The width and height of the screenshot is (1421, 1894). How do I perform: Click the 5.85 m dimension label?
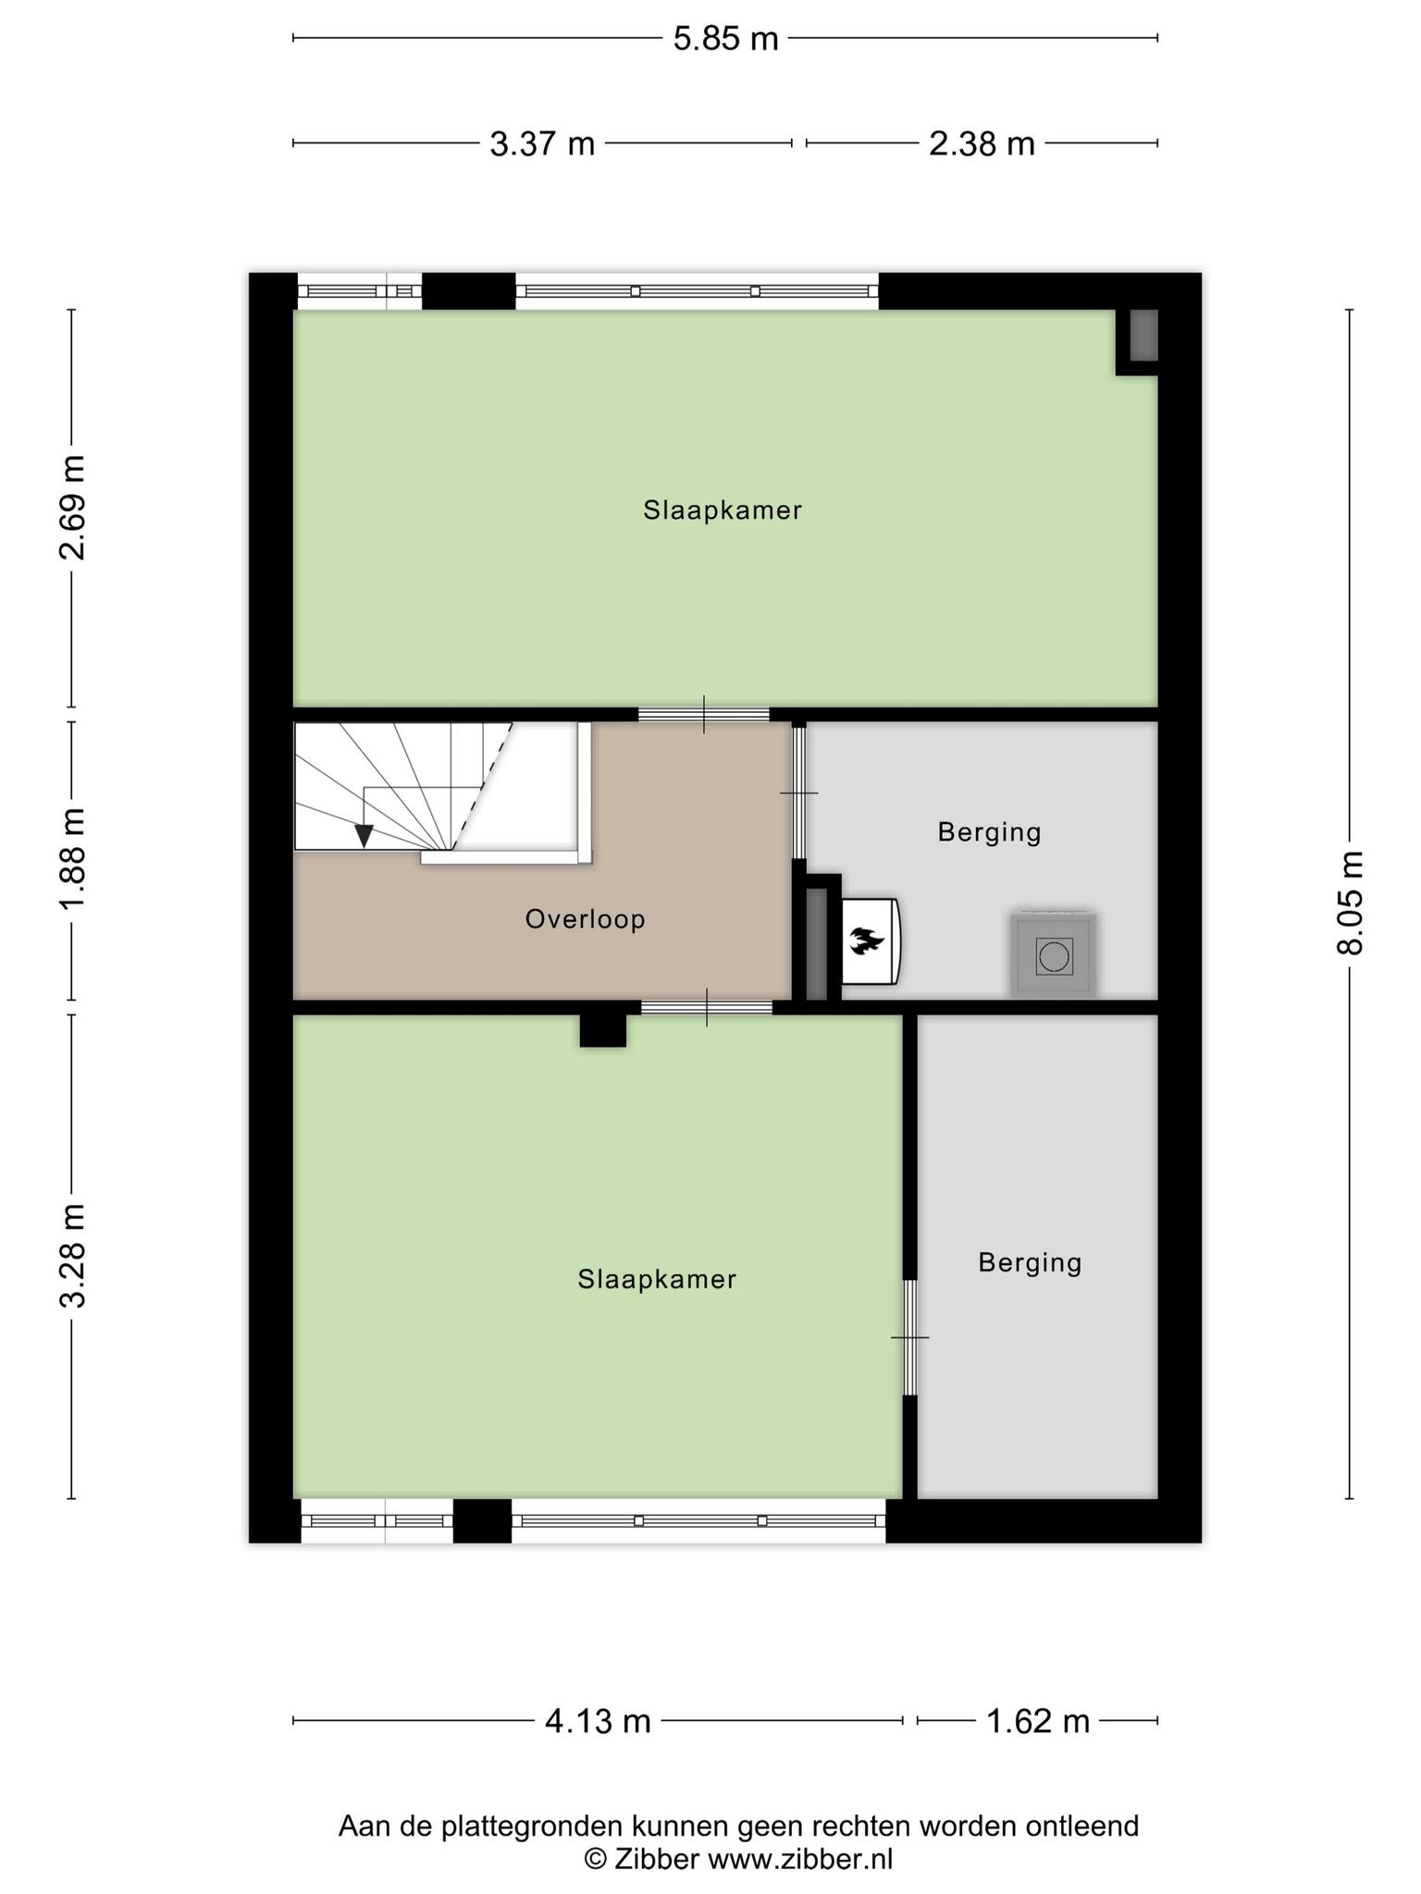coord(725,39)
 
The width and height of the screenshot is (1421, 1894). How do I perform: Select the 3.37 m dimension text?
coord(542,143)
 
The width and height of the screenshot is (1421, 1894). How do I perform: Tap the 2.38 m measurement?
coord(982,143)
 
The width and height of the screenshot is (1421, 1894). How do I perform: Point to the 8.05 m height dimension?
coord(1350,902)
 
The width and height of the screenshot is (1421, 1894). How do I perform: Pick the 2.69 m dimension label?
coord(72,508)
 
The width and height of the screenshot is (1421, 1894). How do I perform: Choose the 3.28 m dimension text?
coord(72,1256)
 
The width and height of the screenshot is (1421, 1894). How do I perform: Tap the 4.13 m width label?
coord(598,1721)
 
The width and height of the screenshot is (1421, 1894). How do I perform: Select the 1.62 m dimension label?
coord(1038,1721)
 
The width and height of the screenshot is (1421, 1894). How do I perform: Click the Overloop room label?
coord(586,919)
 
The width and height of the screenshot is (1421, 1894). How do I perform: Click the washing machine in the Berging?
coord(1054,954)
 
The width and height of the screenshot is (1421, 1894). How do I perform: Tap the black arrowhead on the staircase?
coord(365,836)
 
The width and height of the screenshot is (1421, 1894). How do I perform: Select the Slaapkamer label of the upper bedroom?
coord(723,510)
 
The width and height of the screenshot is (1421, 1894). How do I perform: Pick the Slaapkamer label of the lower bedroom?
coord(657,1279)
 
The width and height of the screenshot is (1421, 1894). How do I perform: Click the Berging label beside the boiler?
coord(990,832)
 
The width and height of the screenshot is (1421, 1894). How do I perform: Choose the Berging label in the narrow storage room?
coord(1031,1262)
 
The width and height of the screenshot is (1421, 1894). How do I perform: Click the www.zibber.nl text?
coord(800,1858)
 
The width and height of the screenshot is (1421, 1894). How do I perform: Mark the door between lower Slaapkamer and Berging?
coord(910,1337)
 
